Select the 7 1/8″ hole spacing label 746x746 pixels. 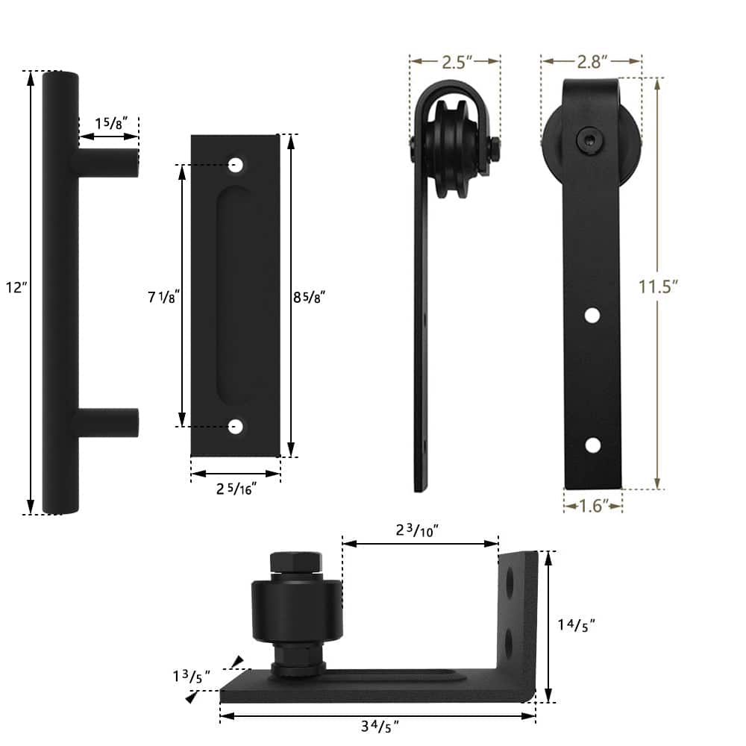(161, 298)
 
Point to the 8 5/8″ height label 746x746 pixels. (309, 297)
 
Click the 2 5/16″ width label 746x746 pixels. (236, 489)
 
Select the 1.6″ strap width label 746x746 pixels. (592, 506)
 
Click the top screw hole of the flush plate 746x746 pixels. (236, 164)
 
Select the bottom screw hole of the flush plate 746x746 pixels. (236, 427)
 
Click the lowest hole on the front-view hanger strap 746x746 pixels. (592, 445)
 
